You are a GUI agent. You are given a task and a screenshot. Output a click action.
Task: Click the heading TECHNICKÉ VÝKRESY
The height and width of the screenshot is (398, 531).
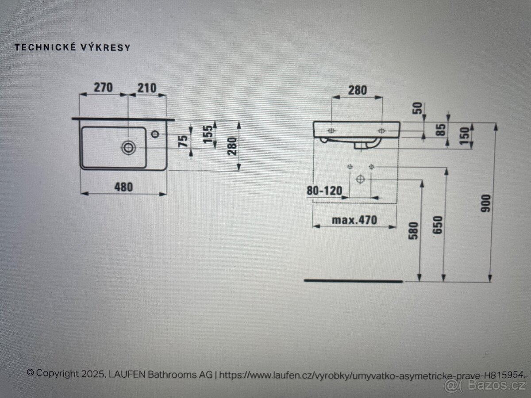(73, 48)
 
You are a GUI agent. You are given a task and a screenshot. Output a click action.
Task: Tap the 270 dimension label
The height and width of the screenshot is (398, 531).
(103, 88)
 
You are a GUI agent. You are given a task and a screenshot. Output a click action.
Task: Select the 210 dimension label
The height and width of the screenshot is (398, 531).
(147, 88)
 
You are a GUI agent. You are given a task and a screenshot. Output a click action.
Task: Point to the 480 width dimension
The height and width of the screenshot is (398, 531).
(123, 187)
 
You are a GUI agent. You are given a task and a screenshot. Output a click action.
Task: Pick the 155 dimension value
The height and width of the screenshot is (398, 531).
(208, 134)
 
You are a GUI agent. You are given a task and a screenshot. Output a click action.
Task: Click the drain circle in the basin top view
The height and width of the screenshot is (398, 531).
(128, 148)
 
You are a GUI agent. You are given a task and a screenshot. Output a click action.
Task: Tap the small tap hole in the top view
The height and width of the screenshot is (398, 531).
(155, 134)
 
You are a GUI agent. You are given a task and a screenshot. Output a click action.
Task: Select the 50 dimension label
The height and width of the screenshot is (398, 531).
(418, 108)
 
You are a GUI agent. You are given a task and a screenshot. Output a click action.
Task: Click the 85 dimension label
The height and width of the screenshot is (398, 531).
(442, 130)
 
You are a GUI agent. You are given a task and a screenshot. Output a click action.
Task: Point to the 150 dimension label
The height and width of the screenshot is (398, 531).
(465, 136)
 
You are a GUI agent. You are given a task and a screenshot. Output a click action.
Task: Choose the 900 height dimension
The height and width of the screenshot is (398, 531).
(486, 203)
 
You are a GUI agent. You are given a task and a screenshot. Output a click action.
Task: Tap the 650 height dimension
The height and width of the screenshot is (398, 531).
(438, 225)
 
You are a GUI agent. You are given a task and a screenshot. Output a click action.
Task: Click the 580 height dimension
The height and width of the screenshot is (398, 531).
(413, 231)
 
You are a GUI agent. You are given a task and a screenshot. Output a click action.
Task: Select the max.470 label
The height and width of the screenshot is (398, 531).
(354, 220)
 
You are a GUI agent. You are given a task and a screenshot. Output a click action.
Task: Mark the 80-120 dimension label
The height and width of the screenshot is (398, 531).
(324, 191)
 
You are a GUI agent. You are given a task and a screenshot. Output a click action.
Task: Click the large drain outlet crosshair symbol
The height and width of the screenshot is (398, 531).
(360, 179)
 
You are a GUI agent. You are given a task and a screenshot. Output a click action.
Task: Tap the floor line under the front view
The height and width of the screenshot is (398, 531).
(353, 281)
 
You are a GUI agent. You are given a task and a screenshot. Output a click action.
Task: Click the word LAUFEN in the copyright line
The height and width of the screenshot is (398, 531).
(127, 374)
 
